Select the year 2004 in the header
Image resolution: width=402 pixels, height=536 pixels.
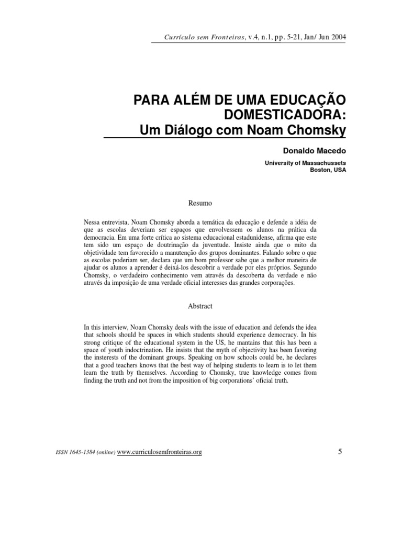[x=336, y=37]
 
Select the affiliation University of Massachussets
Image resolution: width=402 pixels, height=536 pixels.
[x=306, y=163]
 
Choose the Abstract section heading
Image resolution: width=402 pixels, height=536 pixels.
[x=200, y=306]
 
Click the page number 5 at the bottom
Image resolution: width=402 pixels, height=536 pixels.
[x=340, y=451]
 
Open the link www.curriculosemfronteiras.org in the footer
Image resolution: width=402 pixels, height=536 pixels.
[x=160, y=452]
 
